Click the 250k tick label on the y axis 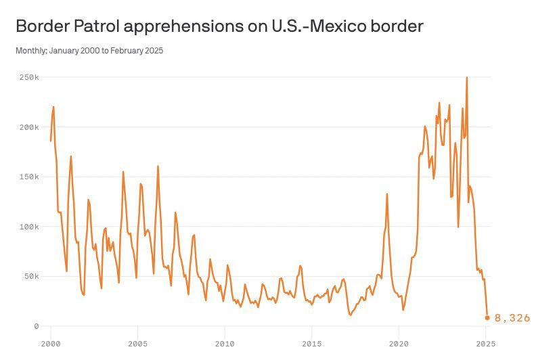point(28,77)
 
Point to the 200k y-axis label point(28,127)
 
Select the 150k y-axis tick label point(28,177)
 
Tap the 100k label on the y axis point(28,227)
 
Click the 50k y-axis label point(30,276)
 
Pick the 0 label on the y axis point(37,326)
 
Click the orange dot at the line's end point(487,317)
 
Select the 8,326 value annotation point(512,318)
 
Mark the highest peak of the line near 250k point(467,78)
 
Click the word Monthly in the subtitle point(30,50)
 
